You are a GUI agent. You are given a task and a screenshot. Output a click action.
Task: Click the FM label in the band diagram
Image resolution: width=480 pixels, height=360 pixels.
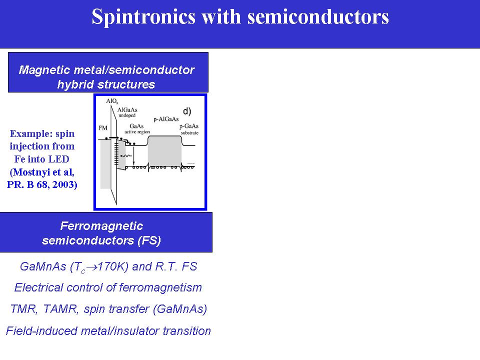coord(103,128)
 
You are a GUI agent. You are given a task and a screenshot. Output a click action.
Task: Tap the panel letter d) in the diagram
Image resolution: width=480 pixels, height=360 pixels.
coord(187,111)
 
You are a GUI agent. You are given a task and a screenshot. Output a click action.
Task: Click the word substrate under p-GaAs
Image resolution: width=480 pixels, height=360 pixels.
coord(189,133)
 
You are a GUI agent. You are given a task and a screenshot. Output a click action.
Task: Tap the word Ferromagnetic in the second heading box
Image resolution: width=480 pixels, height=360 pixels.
coord(101,226)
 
